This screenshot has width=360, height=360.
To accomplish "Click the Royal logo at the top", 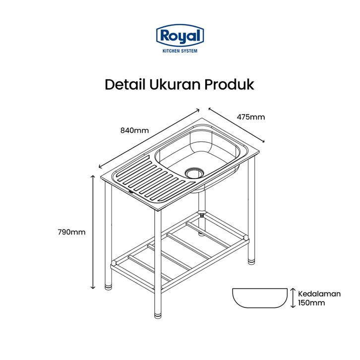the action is pyautogui.click(x=180, y=36).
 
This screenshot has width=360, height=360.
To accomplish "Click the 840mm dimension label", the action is pyautogui.click(x=134, y=130).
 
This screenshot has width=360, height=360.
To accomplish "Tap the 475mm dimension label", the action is pyautogui.click(x=250, y=118).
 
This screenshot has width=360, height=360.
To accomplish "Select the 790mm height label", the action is pyautogui.click(x=71, y=232).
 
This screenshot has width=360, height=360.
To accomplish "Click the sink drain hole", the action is pyautogui.click(x=194, y=172).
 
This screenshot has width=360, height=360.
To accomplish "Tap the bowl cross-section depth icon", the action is pyautogui.click(x=260, y=298).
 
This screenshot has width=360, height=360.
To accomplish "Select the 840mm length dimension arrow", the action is pyautogui.click(x=149, y=138).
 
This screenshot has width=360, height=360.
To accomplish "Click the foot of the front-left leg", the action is pyautogui.click(x=109, y=286).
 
